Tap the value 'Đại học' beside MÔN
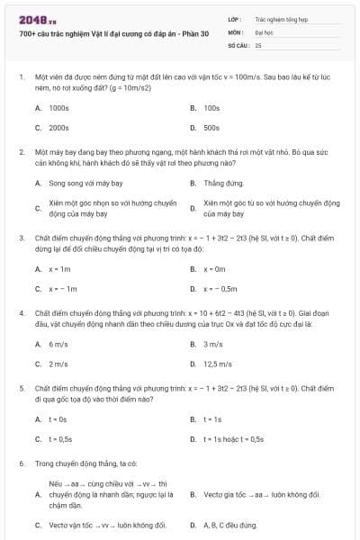pyautogui.click(x=264, y=31)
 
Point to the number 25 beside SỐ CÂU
pyautogui.click(x=258, y=43)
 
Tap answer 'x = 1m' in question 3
pyautogui.click(x=59, y=268)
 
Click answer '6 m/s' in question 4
pyautogui.click(x=58, y=344)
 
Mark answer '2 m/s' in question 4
pyautogui.click(x=58, y=364)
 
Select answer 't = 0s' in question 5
pyautogui.click(x=58, y=419)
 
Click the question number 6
pyautogui.click(x=21, y=463)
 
